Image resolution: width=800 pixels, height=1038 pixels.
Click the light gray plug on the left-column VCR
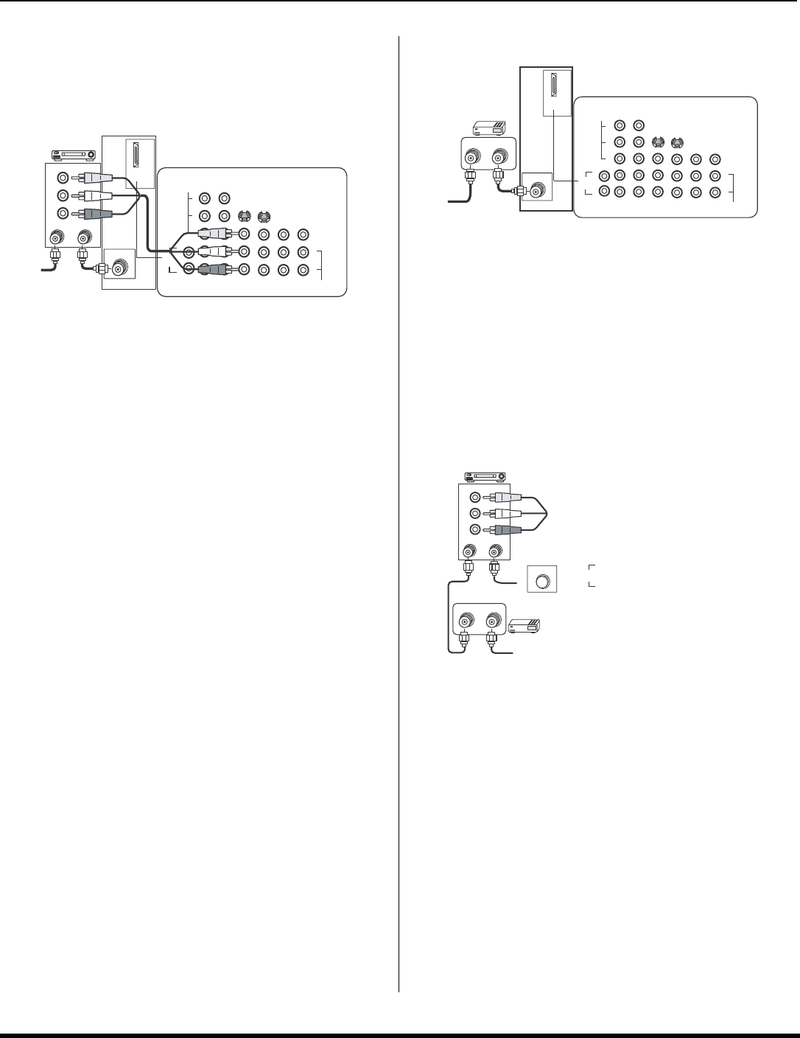(x=95, y=178)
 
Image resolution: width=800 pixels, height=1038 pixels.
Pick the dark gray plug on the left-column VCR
(x=97, y=214)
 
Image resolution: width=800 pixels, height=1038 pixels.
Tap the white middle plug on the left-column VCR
(x=96, y=195)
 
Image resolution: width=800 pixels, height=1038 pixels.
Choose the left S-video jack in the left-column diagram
(x=243, y=217)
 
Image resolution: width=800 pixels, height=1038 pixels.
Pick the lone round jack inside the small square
(x=543, y=581)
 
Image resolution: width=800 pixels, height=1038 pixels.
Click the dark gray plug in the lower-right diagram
(x=508, y=530)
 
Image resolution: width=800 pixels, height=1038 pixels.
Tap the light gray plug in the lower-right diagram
(x=508, y=498)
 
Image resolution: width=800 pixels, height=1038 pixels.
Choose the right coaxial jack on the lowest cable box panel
(x=491, y=619)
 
